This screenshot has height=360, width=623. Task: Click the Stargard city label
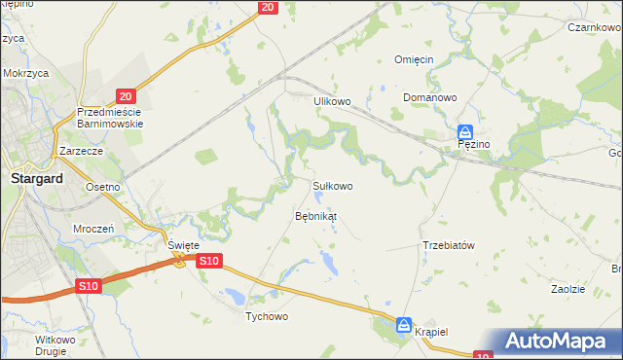pos(36,179)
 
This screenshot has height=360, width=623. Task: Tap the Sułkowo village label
pos(332,185)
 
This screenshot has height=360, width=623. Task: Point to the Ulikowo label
pos(331,100)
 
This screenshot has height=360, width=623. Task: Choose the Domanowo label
pos(431,98)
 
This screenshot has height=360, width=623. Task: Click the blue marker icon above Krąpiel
pos(404,325)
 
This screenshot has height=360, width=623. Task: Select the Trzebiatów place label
pos(448,245)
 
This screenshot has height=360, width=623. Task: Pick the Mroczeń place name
pos(94,228)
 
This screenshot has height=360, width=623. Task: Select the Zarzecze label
pos(82,152)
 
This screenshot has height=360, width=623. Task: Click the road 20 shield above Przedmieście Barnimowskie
pos(125,95)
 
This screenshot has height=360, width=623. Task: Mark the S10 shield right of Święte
pos(210,261)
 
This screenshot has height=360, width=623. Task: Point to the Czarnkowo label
pos(596,28)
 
